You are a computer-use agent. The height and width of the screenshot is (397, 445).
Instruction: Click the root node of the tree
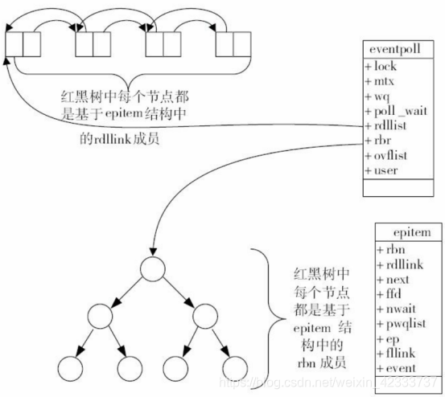pyautogui.click(x=150, y=268)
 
